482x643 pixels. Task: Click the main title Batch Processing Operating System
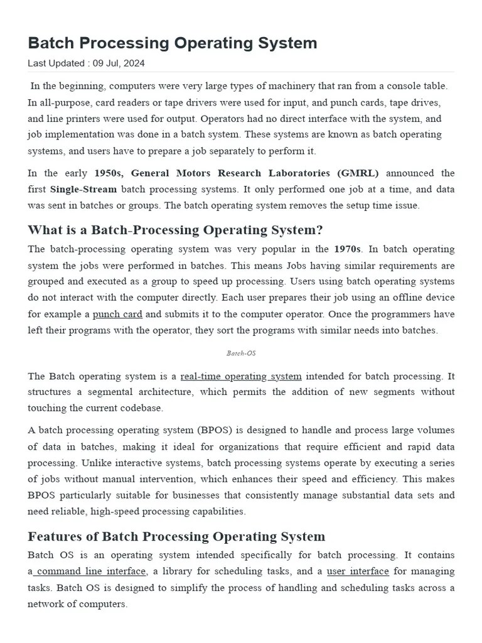173,43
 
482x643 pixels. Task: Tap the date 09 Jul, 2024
119,63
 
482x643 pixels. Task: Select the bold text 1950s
110,173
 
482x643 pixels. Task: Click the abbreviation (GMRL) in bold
357,173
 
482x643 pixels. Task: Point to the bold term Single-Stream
84,190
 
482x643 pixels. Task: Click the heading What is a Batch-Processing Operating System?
175,230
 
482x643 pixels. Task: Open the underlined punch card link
117,314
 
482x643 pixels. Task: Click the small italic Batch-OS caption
241,353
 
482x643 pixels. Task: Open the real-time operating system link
241,376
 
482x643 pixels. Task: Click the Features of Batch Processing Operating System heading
176,536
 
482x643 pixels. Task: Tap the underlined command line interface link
90,571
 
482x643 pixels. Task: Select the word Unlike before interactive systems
95,462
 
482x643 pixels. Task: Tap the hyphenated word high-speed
115,511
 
